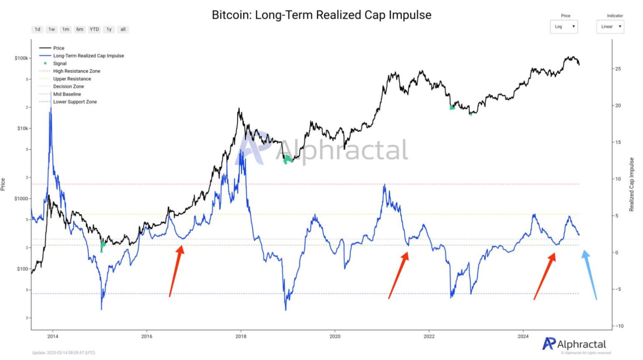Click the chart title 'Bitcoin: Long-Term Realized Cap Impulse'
[x=321, y=15]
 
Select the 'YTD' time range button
[x=94, y=29]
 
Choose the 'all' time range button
[x=123, y=29]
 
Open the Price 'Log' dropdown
[x=564, y=27]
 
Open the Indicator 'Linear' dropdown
[x=610, y=27]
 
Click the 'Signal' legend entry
[x=60, y=64]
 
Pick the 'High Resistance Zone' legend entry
[x=76, y=71]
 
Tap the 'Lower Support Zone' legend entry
[x=75, y=102]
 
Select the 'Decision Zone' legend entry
[x=69, y=87]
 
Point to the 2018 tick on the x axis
[x=241, y=336]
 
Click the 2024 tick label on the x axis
[x=523, y=336]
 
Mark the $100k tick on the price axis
[x=21, y=58]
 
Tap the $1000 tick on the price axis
[x=21, y=199]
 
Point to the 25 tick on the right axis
[x=618, y=69]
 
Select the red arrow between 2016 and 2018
[x=176, y=271]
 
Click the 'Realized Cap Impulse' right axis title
[x=631, y=184]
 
